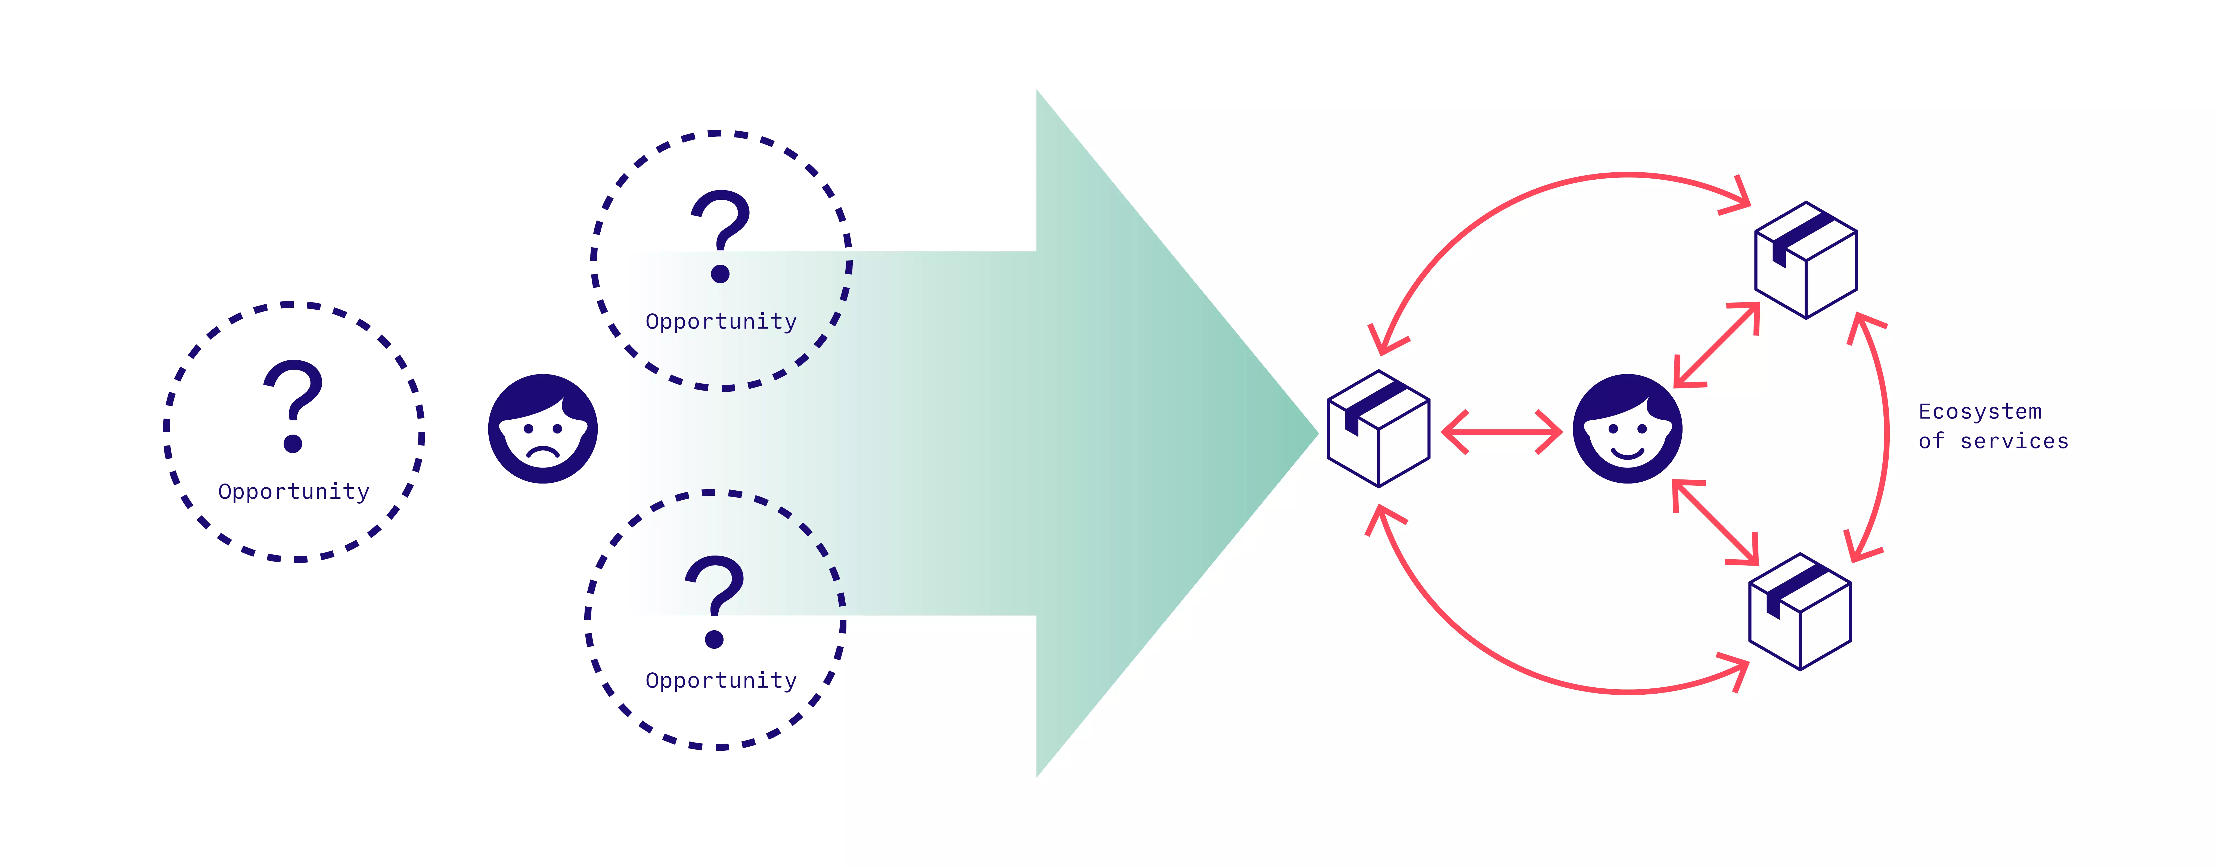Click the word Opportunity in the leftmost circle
[x=293, y=492]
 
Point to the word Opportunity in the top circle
[x=721, y=322]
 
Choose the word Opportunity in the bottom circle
[x=721, y=680]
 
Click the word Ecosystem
[x=1979, y=412]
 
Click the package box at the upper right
[x=1806, y=260]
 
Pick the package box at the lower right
[x=1800, y=612]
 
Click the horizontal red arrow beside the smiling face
[x=1501, y=432]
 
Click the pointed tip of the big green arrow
[x=1314, y=433]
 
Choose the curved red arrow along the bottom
[x=1548, y=675]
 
